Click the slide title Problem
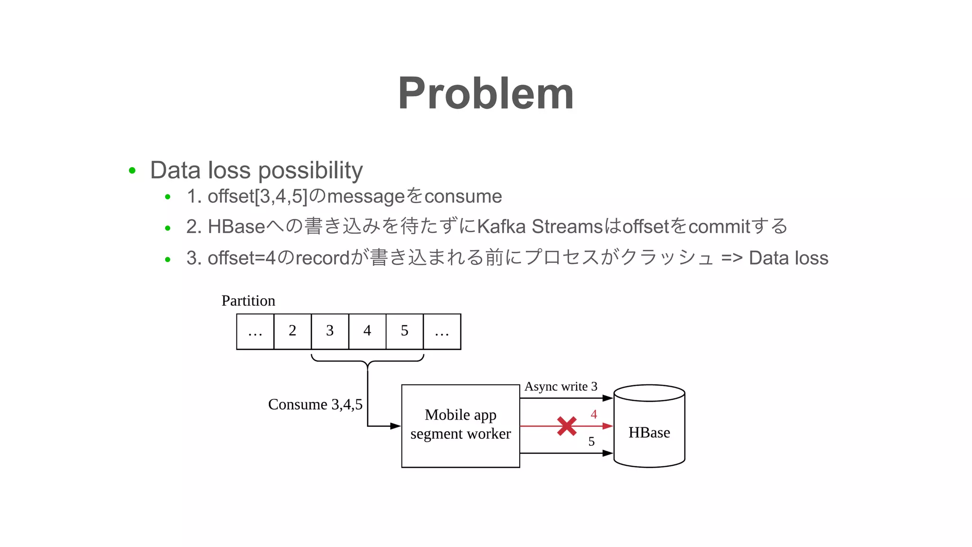tap(486, 93)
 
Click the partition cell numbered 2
tap(292, 331)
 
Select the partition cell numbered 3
tap(330, 331)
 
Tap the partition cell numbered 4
tap(367, 331)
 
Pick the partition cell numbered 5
tap(404, 331)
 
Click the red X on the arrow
tap(567, 426)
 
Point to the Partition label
tap(248, 301)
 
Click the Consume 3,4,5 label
tap(315, 404)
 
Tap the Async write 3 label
tap(561, 387)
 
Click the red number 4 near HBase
tap(593, 415)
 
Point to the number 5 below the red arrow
tap(591, 442)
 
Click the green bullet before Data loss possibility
tap(132, 170)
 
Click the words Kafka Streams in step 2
tap(539, 226)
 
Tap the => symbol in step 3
tap(731, 258)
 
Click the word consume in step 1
tap(463, 196)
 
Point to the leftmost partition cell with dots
tap(255, 331)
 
